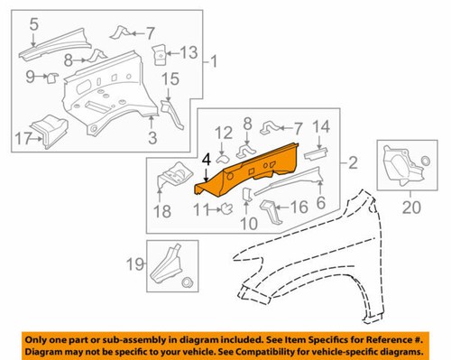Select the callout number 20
point(410,208)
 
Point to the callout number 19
point(133,265)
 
